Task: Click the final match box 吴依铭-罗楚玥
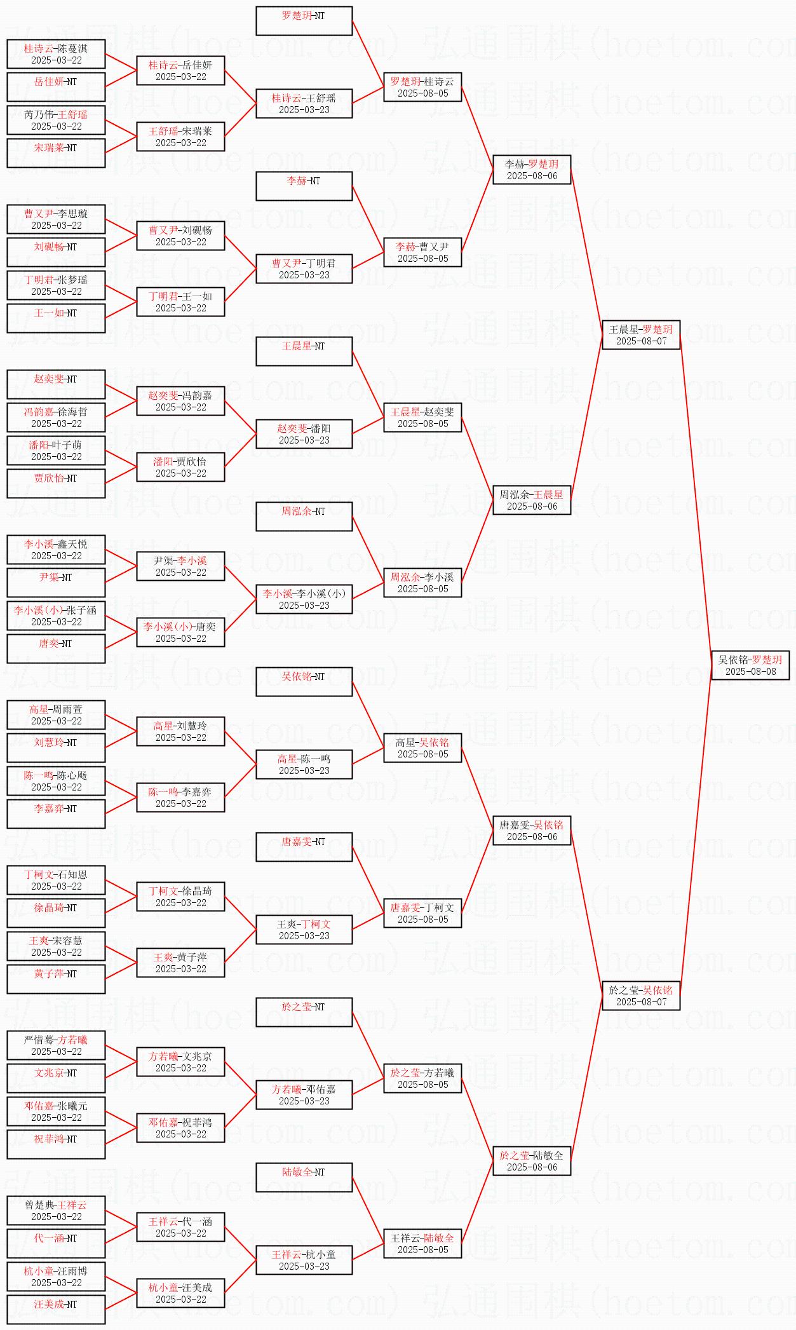750,665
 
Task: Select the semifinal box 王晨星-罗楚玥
641,335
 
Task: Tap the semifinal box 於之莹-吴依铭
641,996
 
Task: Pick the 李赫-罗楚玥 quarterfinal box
532,170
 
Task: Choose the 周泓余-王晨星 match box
532,500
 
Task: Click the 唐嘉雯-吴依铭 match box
532,831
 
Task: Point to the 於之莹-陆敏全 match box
532,1161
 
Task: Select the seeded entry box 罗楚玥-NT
304,21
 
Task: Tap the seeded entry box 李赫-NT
304,186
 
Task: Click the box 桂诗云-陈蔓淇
56,54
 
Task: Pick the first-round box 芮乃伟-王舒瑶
56,120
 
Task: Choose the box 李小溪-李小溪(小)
304,599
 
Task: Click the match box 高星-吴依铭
422,748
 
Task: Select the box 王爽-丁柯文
304,930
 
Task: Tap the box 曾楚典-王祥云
56,1211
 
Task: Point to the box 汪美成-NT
56,1310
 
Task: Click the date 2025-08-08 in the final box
750,672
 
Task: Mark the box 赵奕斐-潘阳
304,434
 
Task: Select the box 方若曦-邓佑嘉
304,1095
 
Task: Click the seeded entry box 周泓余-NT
304,517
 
